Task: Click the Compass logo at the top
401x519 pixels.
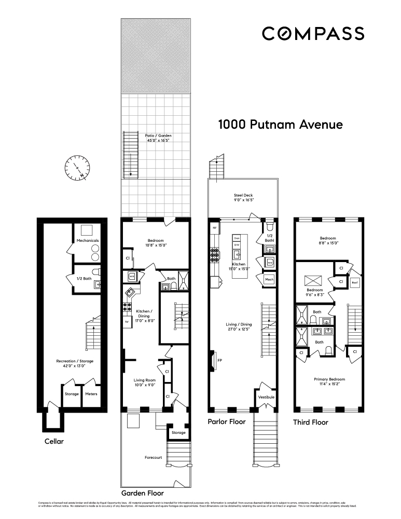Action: click(x=313, y=33)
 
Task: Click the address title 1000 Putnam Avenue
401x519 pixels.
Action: click(x=280, y=125)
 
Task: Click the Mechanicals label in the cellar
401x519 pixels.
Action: click(x=88, y=241)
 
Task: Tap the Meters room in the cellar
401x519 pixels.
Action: click(x=91, y=394)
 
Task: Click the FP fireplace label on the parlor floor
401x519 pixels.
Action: click(x=219, y=360)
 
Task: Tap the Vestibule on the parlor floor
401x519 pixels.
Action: click(x=266, y=398)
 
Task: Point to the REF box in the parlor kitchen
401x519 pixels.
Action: click(x=214, y=228)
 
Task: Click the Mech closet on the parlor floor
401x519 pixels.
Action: click(x=269, y=280)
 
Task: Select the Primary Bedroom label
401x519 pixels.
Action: click(x=329, y=381)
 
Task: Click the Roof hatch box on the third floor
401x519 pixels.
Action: click(x=355, y=283)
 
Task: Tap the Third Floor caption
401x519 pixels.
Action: click(x=310, y=422)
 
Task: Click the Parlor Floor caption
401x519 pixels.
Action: click(x=227, y=421)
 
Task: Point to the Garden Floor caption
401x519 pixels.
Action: click(x=143, y=493)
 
